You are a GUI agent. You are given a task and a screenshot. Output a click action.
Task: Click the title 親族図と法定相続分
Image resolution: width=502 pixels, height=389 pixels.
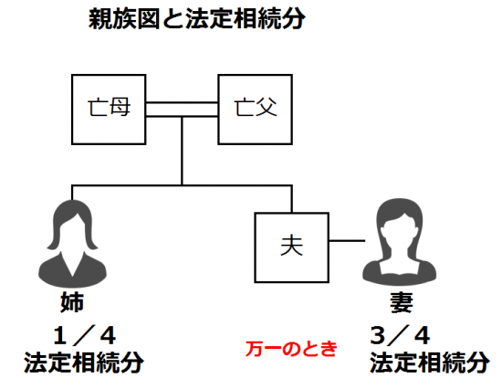pyautogui.click(x=197, y=18)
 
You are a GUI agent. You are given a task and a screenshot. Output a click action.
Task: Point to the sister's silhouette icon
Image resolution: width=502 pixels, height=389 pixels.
pyautogui.click(x=72, y=244)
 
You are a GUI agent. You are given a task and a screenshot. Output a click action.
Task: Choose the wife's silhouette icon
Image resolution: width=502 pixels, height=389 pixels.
pyautogui.click(x=399, y=242)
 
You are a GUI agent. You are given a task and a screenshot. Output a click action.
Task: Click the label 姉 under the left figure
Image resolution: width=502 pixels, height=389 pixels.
pyautogui.click(x=72, y=302)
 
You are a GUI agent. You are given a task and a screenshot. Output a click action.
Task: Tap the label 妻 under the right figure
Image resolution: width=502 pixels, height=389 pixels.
pyautogui.click(x=402, y=302)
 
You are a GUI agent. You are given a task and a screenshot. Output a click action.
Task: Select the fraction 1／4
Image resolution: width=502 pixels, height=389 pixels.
pyautogui.click(x=84, y=336)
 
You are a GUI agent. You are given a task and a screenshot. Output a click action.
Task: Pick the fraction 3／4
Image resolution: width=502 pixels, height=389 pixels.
pyautogui.click(x=400, y=335)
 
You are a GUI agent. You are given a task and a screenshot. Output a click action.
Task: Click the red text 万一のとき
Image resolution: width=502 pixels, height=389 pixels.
pyautogui.click(x=291, y=349)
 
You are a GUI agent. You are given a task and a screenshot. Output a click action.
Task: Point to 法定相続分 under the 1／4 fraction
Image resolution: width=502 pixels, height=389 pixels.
pyautogui.click(x=84, y=363)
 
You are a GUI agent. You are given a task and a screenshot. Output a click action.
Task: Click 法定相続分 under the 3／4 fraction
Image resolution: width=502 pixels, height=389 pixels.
pyautogui.click(x=430, y=363)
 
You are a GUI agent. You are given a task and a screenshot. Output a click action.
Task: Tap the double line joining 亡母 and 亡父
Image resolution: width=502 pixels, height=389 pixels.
pyautogui.click(x=182, y=110)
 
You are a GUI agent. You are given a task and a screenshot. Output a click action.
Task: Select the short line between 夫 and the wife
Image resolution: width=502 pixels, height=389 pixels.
pyautogui.click(x=347, y=240)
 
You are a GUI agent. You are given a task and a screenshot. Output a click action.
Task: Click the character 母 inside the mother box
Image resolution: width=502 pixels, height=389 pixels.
pyautogui.click(x=120, y=107)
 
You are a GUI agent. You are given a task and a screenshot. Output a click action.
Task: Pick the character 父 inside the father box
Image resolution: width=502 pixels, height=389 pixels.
pyautogui.click(x=267, y=107)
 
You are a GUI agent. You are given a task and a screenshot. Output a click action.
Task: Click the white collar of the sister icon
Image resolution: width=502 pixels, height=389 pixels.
pyautogui.click(x=73, y=263)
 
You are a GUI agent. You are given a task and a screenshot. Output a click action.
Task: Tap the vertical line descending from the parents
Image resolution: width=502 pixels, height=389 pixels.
pyautogui.click(x=182, y=151)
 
